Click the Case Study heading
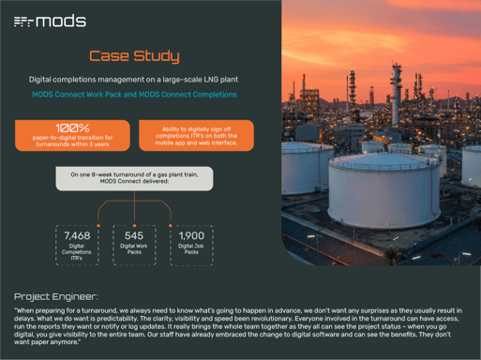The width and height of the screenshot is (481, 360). (x=133, y=57)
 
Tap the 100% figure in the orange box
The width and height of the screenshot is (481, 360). (x=72, y=128)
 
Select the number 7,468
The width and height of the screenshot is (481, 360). (x=77, y=235)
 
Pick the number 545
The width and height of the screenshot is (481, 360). (x=134, y=235)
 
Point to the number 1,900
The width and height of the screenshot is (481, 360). (x=191, y=235)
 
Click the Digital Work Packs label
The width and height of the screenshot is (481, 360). (x=134, y=248)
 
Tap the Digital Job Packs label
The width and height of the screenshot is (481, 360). (x=191, y=248)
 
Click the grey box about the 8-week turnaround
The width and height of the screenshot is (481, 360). (x=133, y=178)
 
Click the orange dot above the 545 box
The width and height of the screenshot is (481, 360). (x=134, y=225)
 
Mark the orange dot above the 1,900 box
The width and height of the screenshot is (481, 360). (x=170, y=225)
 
